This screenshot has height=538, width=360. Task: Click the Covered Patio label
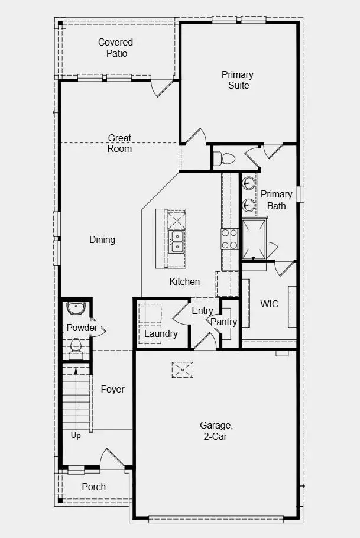pos(116,48)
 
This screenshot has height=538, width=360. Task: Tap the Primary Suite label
pos(238,80)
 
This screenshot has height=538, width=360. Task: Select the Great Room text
pos(119,143)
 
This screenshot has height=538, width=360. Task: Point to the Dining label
pos(102,239)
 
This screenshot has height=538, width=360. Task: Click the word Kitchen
pos(184,281)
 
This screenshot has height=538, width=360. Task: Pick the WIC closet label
pos(269,304)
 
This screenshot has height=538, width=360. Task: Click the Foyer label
pos(112,389)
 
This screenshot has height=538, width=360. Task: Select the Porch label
pos(94,487)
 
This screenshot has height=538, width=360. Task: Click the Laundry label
pos(161,333)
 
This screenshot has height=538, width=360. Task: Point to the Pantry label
pos(224,322)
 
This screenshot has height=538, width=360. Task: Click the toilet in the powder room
pos(76,346)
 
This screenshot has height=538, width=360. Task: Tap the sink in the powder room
pos(76,308)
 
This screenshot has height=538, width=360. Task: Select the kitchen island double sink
pos(176,240)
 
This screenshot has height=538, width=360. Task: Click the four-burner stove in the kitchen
pos(229,239)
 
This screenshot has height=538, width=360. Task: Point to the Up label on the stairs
pos(76,436)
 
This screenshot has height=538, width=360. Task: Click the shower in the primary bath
pos(254,239)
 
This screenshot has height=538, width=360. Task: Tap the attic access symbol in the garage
pos(183,370)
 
